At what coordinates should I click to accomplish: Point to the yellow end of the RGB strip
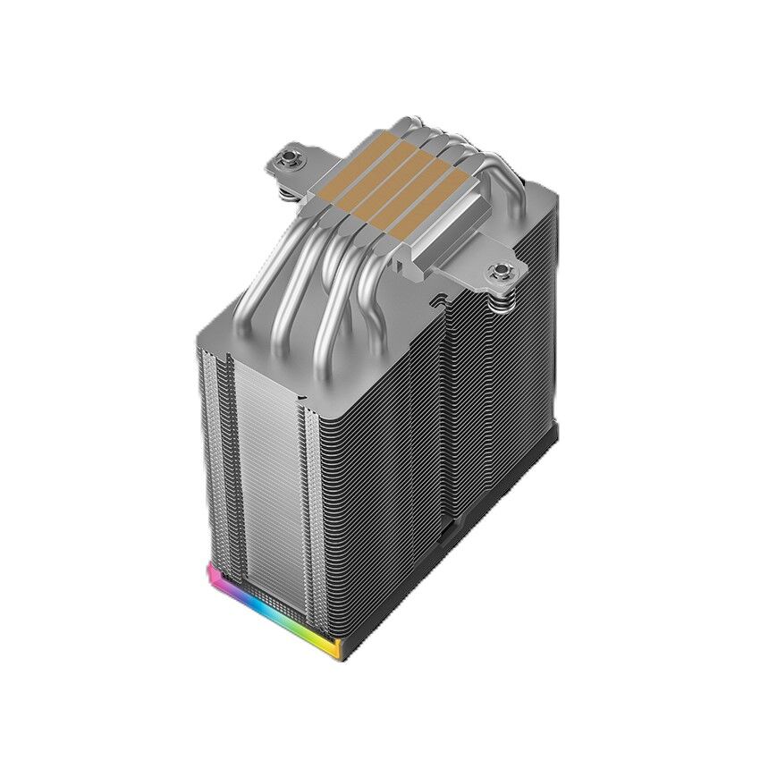(x=333, y=648)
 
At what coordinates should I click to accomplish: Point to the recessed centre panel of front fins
(x=268, y=474)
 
